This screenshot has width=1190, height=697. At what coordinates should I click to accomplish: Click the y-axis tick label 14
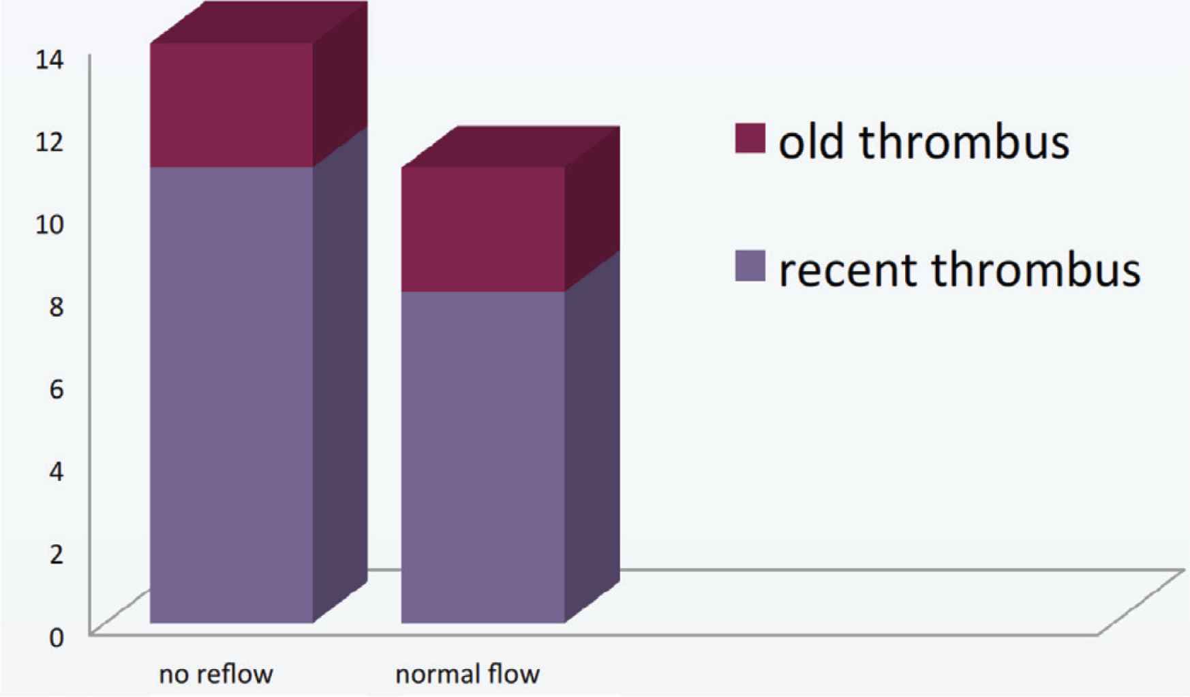point(50,60)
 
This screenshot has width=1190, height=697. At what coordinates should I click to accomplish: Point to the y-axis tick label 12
point(50,142)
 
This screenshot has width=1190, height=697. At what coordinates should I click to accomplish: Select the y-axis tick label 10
point(50,224)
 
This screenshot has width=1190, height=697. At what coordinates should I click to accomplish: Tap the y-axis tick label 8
point(56,307)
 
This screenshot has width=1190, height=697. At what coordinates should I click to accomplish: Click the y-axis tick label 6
point(56,389)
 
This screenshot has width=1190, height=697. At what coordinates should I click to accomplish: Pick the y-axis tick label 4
point(56,471)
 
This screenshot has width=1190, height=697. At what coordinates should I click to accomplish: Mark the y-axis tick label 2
point(56,554)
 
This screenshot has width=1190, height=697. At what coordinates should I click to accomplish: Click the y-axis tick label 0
point(56,638)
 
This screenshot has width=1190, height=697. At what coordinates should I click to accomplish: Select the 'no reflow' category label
point(216,675)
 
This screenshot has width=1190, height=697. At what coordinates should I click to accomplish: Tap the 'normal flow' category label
point(468,675)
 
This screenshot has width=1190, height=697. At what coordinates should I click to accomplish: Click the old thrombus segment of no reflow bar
point(232,105)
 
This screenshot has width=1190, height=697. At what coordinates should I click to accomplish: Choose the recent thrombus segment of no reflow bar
point(232,394)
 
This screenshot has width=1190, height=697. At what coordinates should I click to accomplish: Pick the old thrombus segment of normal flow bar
point(483,229)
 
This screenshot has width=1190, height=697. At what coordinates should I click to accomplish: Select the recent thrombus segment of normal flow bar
point(483,457)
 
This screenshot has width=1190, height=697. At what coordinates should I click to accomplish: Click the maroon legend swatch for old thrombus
point(750,138)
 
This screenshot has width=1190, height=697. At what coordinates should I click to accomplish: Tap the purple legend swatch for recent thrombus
point(750,266)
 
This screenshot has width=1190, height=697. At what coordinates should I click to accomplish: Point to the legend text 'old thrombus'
point(924,142)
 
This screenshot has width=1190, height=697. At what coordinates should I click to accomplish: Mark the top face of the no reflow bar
point(259,22)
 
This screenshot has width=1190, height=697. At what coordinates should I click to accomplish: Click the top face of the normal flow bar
point(511,146)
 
